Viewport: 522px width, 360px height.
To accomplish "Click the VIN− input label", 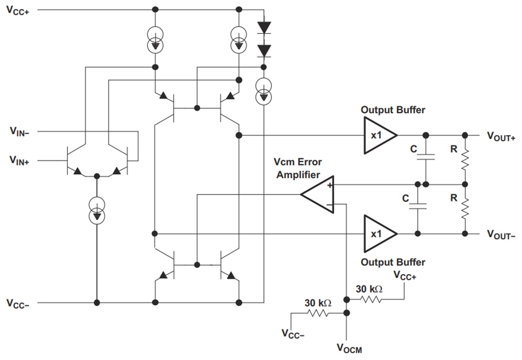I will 19,131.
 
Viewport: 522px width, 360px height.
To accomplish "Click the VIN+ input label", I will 19,161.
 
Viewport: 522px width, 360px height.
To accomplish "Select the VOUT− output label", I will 501,234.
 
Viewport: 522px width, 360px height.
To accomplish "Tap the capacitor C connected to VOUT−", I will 418,206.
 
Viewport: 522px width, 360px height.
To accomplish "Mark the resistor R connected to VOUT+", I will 465,159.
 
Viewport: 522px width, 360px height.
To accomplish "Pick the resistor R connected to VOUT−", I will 465,209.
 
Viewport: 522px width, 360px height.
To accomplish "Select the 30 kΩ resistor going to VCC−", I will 319,313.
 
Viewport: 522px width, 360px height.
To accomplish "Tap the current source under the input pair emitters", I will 97,210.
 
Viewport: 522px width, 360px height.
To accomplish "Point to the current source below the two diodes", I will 263,92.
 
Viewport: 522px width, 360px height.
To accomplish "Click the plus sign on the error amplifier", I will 329,186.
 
